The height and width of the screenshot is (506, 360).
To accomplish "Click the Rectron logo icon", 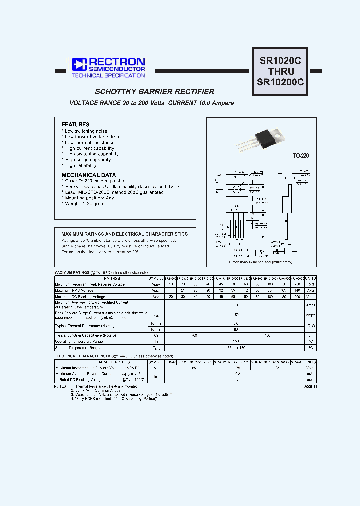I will pos(79,64).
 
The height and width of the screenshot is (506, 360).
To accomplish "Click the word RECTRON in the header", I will pos(117,62).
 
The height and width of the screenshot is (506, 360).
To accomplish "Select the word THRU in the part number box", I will pos(280,71).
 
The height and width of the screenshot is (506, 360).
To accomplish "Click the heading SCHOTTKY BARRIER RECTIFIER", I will pos(155,92).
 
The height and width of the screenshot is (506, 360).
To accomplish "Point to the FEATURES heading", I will pos(75,124).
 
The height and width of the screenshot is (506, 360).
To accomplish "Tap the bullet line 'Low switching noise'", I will pos(86,131).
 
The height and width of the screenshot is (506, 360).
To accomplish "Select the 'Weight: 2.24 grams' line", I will pos(85,204).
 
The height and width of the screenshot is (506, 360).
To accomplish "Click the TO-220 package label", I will pos(300,156).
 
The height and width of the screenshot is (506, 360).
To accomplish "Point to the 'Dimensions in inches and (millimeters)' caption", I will pos(260,262).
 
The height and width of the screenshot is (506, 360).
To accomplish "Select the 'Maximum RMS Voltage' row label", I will pos(74,290).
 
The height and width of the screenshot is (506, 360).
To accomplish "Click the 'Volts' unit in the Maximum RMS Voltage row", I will pos(310,290).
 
